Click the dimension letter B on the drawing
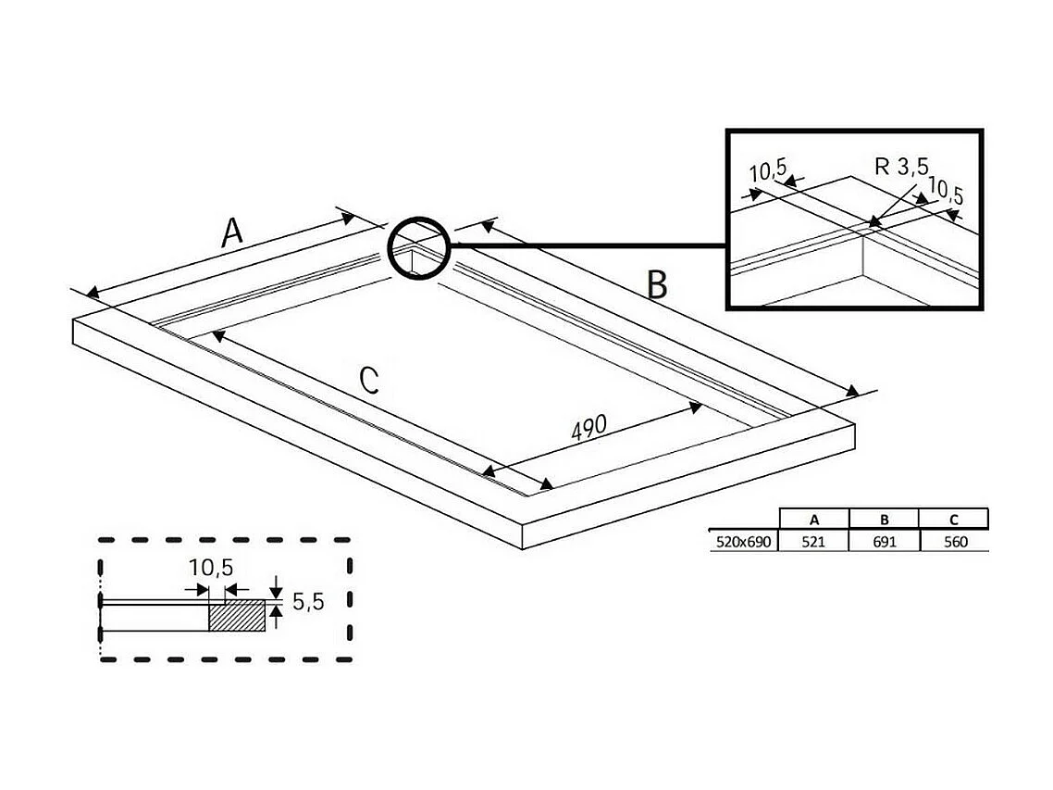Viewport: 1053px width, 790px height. coord(656,285)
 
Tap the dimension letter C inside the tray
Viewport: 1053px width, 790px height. coord(369,381)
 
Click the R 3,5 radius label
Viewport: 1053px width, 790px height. coord(900,168)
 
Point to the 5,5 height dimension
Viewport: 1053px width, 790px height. coord(307,602)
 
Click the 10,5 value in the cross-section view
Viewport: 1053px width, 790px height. coord(212,568)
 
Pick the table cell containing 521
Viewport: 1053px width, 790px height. coord(813,542)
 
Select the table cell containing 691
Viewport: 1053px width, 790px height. coord(884,542)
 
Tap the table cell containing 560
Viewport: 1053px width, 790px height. coord(954,542)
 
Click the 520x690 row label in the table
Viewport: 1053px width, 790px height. coord(743,542)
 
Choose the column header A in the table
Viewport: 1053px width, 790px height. coord(813,518)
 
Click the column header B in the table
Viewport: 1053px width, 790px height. coord(884,518)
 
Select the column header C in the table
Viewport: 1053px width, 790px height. coord(954,518)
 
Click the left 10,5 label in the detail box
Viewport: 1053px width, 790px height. coord(768,172)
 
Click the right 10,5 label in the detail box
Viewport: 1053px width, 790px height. coord(945,193)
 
